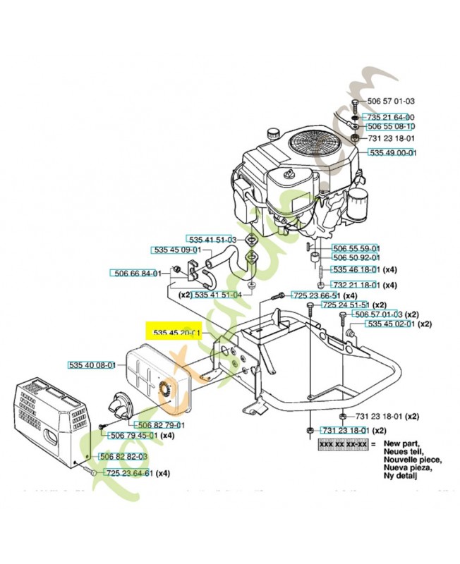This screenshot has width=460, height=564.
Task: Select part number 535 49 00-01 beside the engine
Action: [392, 152]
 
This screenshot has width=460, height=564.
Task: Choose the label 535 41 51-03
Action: [211, 240]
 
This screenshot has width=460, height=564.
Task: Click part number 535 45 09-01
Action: [178, 250]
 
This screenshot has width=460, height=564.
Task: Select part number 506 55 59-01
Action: [356, 249]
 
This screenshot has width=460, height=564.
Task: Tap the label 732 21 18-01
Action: [356, 285]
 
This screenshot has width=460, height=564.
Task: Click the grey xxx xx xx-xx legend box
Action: [343, 445]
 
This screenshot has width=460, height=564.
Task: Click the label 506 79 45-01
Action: [133, 436]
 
